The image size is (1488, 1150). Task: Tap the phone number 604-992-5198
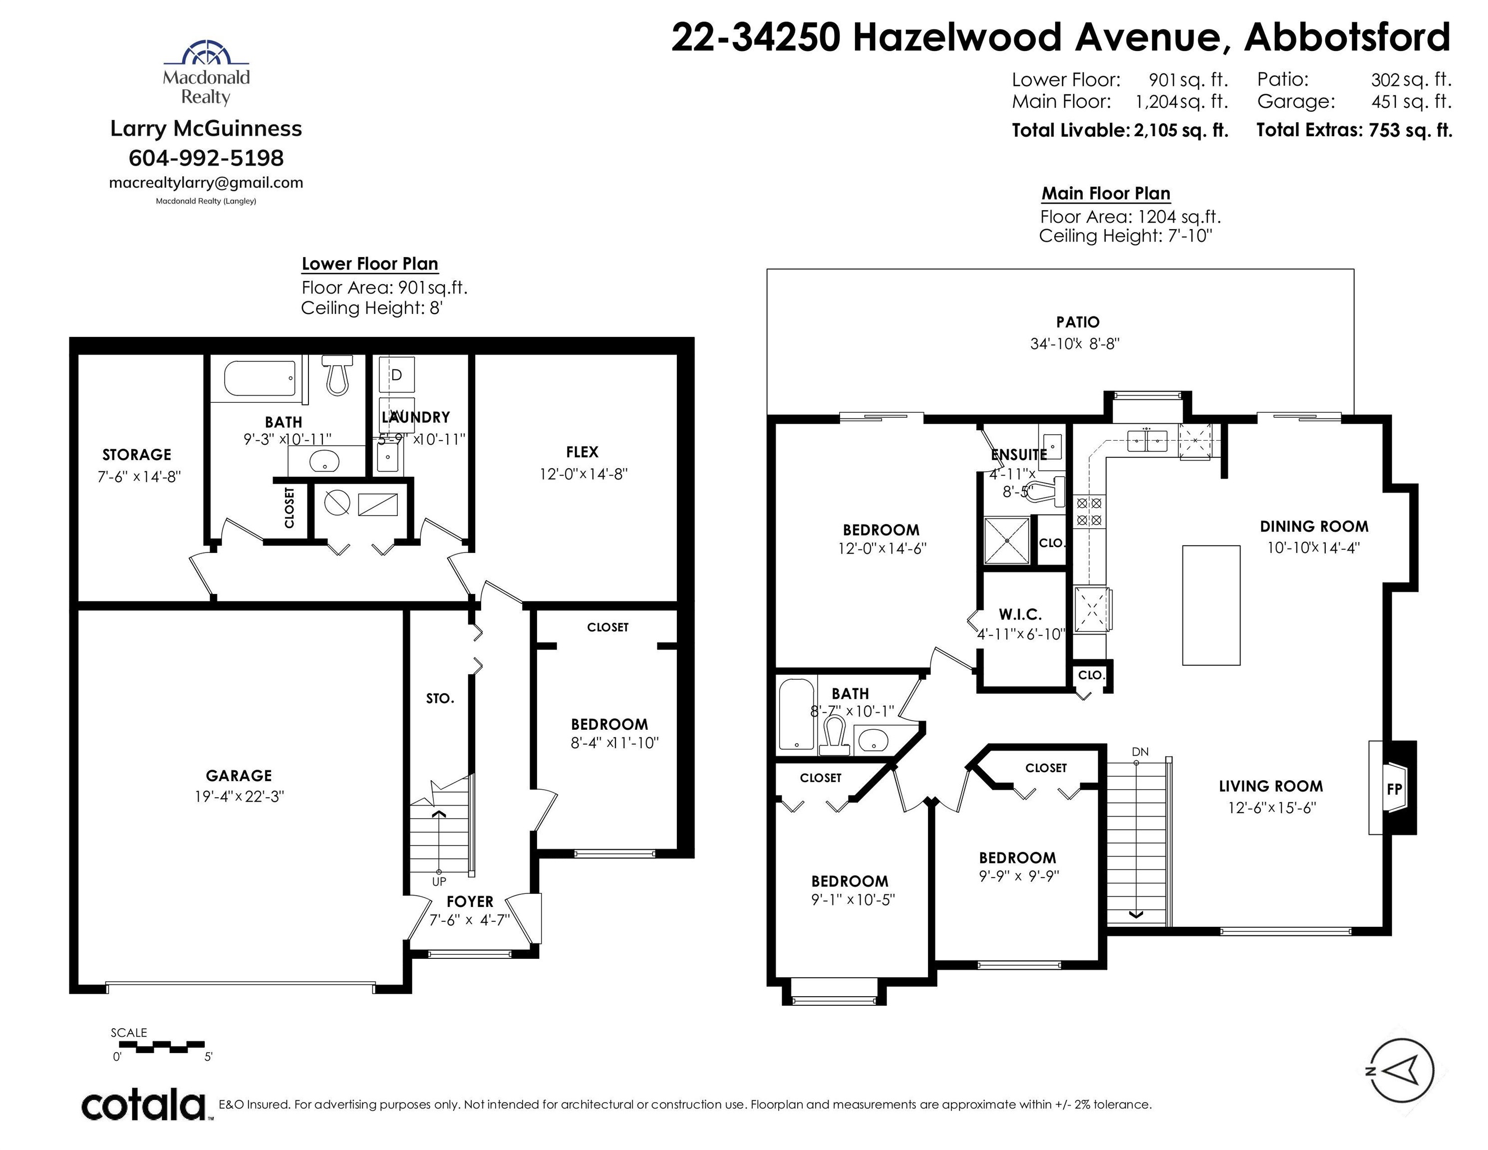coord(206,158)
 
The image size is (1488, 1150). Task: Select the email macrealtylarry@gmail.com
coord(206,183)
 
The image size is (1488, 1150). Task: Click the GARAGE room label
coord(239,775)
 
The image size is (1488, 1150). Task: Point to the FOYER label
coord(469,901)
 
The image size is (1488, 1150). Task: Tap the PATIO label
coord(1077,321)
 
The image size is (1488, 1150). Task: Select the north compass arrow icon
coord(1402,1070)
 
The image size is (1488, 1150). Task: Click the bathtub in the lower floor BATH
coord(260,378)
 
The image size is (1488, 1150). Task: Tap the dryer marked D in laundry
coord(396,374)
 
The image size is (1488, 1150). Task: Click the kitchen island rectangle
coord(1210,605)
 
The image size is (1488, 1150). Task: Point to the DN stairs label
coord(1140,752)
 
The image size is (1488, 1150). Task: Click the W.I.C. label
coord(1020,614)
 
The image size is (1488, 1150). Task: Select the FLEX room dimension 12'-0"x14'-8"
coord(583,474)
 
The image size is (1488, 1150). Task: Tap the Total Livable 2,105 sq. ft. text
coord(1120,130)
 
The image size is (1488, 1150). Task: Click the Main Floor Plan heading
coord(1105,194)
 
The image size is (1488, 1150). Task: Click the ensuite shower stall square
coord(1007,540)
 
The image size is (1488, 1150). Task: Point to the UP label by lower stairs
coord(439,881)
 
